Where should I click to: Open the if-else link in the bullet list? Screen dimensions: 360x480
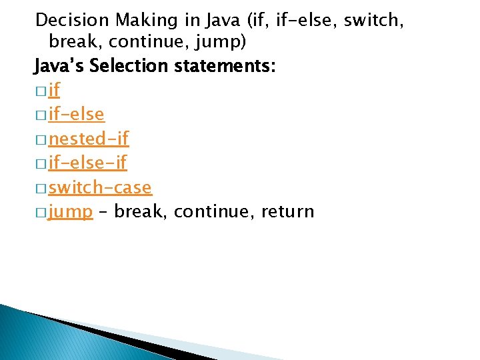click(x=77, y=115)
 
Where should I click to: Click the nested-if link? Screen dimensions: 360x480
click(x=89, y=139)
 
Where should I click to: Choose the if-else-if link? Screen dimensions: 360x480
click(x=88, y=163)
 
